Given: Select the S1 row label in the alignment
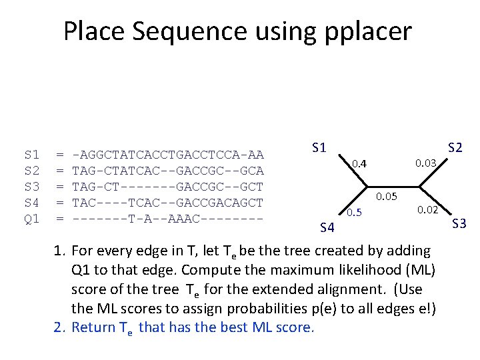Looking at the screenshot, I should (31, 155).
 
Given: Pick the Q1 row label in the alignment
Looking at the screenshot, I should (31, 219).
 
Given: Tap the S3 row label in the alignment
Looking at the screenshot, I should (31, 187).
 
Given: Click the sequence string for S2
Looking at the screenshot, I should (167, 171).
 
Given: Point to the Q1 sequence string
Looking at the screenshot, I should (167, 219).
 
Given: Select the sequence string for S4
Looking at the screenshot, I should (167, 203).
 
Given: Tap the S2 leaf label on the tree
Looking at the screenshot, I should (455, 147).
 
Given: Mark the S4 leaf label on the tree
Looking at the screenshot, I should (327, 229).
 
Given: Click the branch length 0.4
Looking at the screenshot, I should (359, 164).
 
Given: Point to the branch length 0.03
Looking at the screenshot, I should (425, 163).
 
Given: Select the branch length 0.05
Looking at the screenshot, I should (387, 196).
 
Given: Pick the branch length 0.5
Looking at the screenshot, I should (354, 213).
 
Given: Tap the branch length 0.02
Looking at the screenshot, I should (427, 211).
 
